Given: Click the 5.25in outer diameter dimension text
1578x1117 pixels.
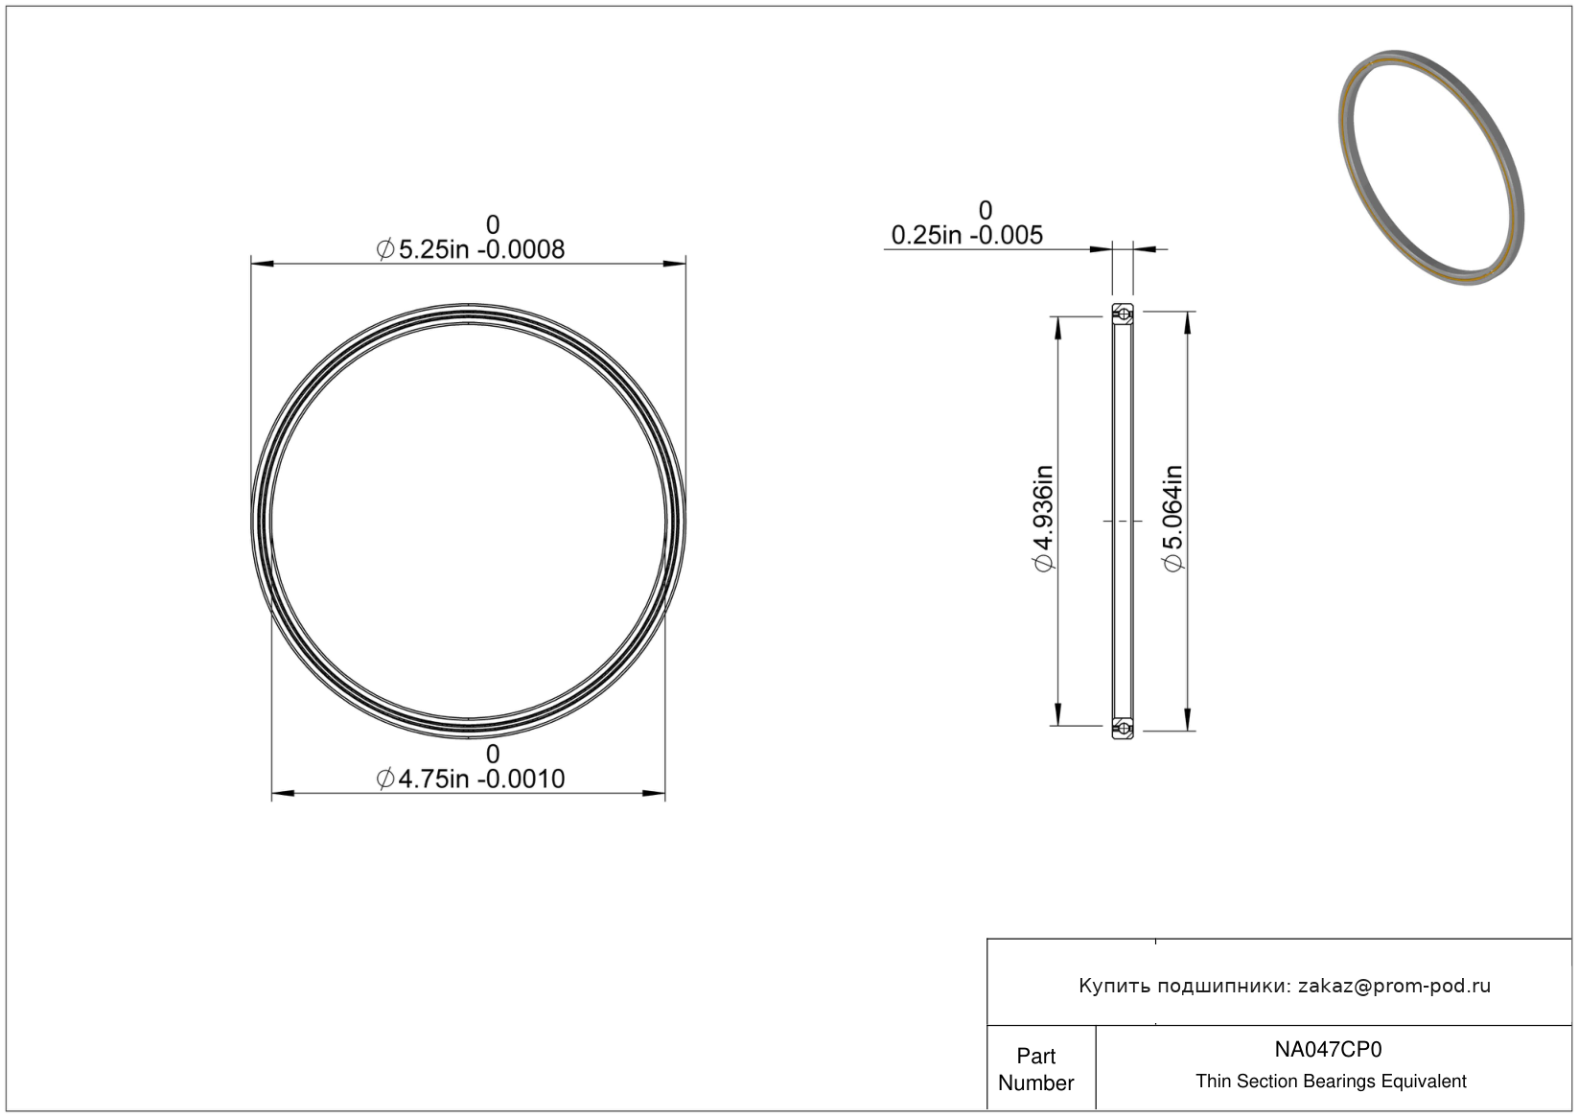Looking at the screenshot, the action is [x=471, y=249].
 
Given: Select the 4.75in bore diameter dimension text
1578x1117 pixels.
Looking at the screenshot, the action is [x=471, y=779].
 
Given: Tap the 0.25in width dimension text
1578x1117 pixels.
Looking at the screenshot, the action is [x=966, y=235].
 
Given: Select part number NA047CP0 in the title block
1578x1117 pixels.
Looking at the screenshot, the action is [x=1328, y=1049].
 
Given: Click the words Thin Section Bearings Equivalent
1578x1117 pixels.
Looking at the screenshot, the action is [x=1331, y=1082].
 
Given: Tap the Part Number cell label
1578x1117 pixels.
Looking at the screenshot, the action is [x=1035, y=1069].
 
